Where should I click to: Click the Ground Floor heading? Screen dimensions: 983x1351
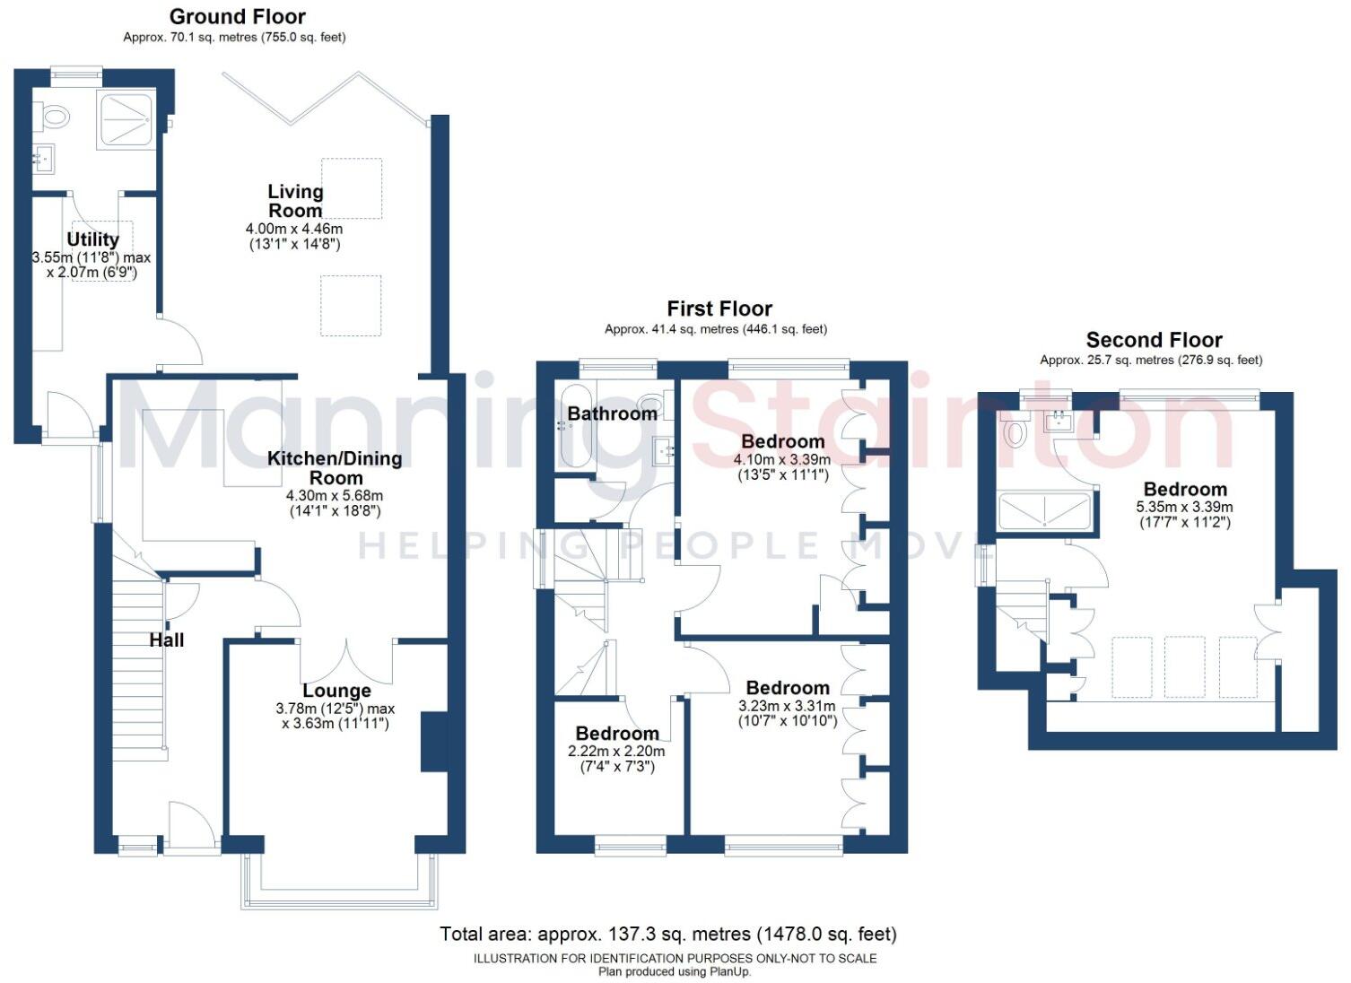[x=237, y=16]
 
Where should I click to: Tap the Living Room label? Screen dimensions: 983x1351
[x=295, y=201]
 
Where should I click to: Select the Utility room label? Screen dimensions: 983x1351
[x=92, y=239]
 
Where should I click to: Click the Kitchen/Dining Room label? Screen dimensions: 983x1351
[x=335, y=467]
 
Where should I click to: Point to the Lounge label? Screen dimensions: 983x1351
[x=336, y=691]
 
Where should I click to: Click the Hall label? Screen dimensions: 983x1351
[x=167, y=639]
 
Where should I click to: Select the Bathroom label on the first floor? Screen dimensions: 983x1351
[x=612, y=413]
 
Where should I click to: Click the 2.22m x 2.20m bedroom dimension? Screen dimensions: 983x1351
[x=617, y=752]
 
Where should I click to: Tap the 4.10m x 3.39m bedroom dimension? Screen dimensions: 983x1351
[x=782, y=459]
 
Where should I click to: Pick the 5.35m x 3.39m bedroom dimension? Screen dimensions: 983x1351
[x=1184, y=507]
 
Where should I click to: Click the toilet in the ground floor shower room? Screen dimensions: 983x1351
[x=54, y=116]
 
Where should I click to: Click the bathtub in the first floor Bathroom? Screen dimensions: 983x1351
[x=574, y=426]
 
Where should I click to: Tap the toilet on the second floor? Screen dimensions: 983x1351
[x=1015, y=431]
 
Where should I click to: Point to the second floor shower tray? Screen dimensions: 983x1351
[x=1045, y=511]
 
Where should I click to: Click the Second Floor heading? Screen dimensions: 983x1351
[x=1154, y=340]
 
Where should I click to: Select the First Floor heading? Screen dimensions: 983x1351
[x=719, y=309]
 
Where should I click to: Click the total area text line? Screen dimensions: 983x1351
[x=667, y=934]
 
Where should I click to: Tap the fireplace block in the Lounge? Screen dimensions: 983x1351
[x=434, y=742]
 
